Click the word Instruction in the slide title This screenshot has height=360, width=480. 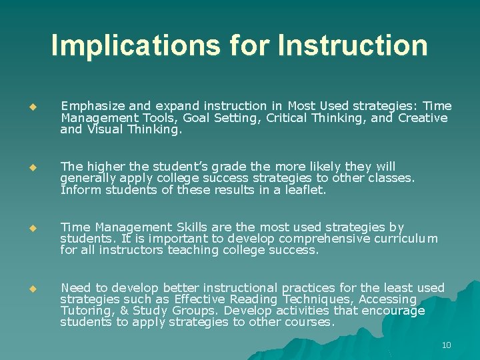click(353, 45)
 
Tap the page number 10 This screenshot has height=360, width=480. click(446, 345)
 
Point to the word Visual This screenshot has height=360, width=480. click(101, 130)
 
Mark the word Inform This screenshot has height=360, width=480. click(77, 190)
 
